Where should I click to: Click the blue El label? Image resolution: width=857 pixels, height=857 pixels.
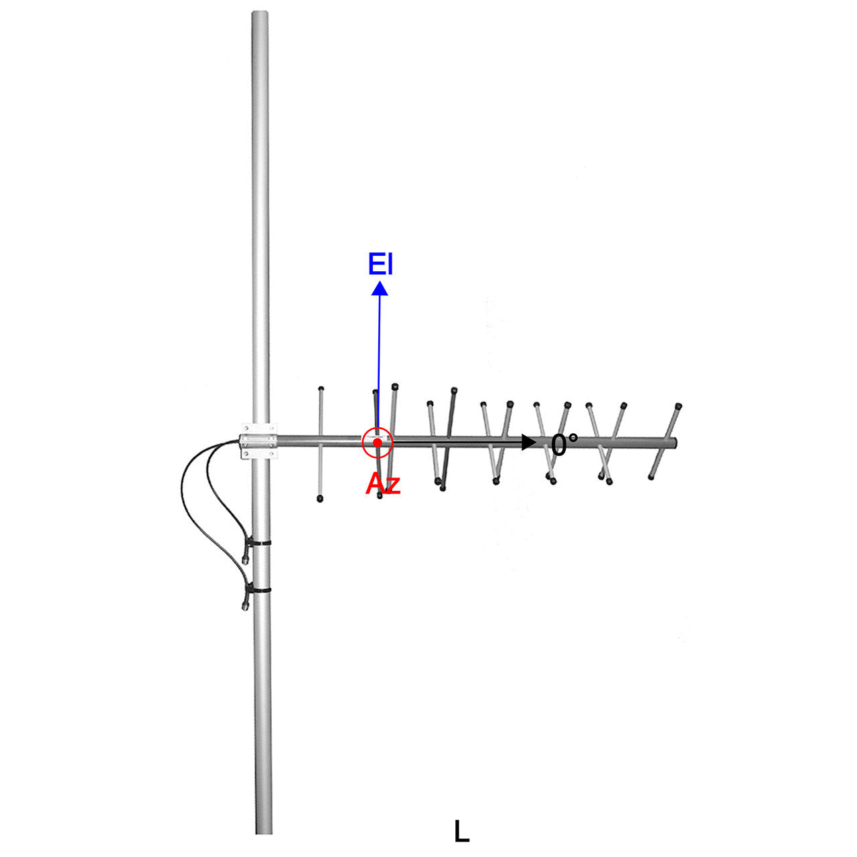(x=380, y=264)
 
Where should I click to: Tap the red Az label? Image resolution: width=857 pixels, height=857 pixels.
(x=382, y=484)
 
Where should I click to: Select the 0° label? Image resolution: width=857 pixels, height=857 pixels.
(x=564, y=445)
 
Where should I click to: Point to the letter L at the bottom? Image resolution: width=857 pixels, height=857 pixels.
(x=461, y=832)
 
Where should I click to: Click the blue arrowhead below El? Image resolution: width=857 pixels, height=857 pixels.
(x=380, y=289)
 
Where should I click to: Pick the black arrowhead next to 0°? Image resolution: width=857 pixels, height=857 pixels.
(x=529, y=442)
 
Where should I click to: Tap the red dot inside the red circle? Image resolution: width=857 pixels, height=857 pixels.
(x=378, y=443)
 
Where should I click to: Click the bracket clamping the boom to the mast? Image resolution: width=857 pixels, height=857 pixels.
(x=258, y=441)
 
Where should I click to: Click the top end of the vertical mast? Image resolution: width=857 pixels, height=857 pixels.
(x=260, y=13)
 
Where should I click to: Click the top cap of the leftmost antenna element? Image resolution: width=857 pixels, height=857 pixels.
(x=321, y=388)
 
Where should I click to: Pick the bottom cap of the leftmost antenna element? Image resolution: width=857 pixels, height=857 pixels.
(x=320, y=499)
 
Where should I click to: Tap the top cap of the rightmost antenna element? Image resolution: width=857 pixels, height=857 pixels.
(x=680, y=406)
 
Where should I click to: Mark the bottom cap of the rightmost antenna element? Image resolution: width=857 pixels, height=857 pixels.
(x=651, y=477)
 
